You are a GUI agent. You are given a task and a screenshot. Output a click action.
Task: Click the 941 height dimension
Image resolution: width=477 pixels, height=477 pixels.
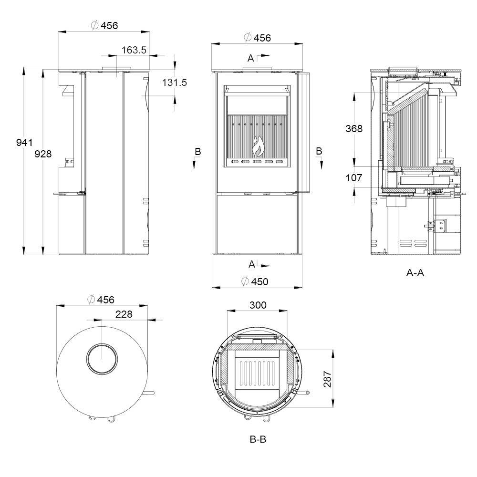coord(24,142)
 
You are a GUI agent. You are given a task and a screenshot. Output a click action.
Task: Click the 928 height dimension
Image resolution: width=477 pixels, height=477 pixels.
coord(43,154)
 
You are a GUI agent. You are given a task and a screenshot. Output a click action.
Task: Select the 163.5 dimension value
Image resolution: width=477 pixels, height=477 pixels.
coord(134,50)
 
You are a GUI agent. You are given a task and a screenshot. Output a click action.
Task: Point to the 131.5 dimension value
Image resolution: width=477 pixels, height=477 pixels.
coord(174,83)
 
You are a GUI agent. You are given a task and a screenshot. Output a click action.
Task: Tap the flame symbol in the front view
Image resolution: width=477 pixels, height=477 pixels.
coord(258,145)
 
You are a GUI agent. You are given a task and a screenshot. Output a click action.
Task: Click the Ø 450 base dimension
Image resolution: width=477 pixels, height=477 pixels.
coord(255,281)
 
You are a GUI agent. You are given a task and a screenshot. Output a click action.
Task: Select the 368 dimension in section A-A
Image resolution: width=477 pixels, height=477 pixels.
coord(354,129)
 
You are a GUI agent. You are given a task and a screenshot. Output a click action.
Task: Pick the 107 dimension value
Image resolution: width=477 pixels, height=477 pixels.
coord(354,177)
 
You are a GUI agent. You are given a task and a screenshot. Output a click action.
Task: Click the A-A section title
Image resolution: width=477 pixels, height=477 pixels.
coord(415,273)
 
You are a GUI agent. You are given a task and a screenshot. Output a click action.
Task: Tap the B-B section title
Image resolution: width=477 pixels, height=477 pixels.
coord(258,439)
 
